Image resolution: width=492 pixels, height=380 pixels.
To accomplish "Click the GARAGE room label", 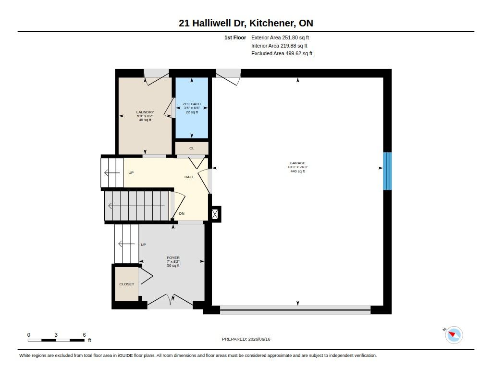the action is pos(297,163).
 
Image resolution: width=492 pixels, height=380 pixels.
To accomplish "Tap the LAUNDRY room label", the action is pos(145,112).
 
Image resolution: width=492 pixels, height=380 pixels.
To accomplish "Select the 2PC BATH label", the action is pos(192,104).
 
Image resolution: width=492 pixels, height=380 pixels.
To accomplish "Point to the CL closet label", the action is pos(192,148).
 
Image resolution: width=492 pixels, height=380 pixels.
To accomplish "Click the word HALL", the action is pos(189,177).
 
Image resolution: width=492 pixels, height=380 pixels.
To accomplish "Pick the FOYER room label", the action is pos(173,257).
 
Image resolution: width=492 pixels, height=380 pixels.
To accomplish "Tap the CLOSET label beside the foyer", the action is pos(127,284).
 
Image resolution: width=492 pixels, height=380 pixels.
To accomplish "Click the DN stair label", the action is pos(182,213).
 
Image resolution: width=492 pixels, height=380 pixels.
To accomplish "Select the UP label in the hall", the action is pos(131,172).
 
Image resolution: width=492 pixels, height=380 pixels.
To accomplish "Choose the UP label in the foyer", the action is pos(143,245).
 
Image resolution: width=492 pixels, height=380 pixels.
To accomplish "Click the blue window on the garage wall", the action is pos(388,171).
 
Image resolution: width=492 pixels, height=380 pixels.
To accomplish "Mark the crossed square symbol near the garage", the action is pos(215,214).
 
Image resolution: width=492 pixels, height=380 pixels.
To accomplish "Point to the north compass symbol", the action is pos(454,334).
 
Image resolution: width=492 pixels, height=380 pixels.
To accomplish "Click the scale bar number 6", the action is pos(84,335).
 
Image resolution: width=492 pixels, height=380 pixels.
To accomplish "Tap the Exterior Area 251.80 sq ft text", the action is pos(280,37).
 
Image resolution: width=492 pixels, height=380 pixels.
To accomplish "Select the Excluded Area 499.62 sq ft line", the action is pos(282,54).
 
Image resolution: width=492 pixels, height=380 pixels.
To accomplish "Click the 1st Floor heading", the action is pos(235,37).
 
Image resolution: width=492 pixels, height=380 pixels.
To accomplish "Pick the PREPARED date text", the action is pos(246,339).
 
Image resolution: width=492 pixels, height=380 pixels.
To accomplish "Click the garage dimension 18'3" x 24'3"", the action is pos(297,167).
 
